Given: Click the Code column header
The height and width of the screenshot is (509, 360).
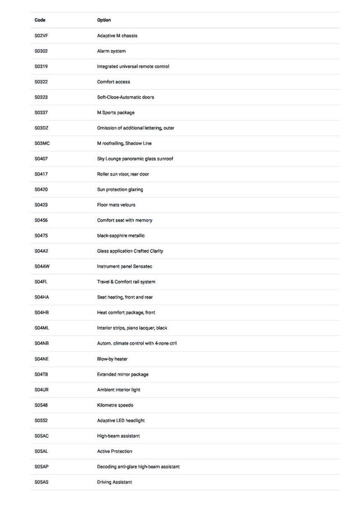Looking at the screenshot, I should coord(40,20).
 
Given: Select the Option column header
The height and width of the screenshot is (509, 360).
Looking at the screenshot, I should coord(104,20).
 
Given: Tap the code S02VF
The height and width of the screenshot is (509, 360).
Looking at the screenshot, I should coord(41,36).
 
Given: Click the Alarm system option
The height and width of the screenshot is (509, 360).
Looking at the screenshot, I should coord(111,51).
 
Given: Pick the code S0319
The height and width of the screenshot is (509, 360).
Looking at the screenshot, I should coord(41,66).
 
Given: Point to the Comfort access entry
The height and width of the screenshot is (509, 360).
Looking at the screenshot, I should coord(114,82).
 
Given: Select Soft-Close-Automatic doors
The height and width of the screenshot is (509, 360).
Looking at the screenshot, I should coord(125,97).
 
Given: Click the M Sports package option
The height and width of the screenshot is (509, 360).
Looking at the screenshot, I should coord(116,112).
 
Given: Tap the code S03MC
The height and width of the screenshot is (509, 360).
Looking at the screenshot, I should coord(42,143).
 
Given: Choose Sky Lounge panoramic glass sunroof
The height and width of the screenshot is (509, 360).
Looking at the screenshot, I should coord(135,159).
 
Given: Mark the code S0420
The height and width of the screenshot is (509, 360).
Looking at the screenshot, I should coord(41,190).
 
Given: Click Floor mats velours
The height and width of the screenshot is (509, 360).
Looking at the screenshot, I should coord(116,205).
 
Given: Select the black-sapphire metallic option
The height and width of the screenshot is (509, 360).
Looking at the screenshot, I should coord(121,236).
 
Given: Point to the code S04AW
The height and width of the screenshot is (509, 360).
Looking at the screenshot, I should coord(42,267).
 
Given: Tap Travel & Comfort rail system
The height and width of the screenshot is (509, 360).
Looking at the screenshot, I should coord(126,282).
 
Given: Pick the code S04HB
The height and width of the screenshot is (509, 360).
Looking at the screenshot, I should coord(42,313).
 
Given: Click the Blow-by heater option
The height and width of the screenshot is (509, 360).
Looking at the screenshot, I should coord(112,359).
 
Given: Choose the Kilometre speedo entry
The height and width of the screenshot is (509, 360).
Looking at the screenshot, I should coord(115,405).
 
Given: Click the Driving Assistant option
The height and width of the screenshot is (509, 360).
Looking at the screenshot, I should coord(115,482).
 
